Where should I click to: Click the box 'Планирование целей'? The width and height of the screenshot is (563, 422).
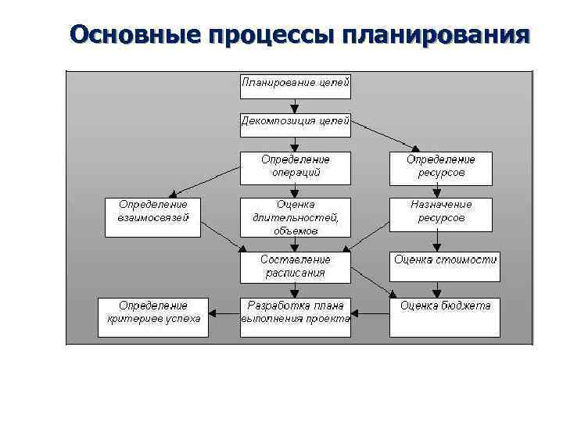point(295,86)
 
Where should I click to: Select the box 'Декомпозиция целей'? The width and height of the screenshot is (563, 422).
point(295,123)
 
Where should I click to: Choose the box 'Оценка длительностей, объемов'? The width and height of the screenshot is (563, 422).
point(295,217)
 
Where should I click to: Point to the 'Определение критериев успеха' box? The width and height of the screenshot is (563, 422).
point(153,316)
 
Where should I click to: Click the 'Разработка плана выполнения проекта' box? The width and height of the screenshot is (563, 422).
point(295,316)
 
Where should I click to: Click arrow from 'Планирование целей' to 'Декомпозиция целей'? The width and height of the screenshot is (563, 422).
point(295,105)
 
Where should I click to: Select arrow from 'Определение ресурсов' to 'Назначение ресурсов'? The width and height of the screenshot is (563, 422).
point(441,191)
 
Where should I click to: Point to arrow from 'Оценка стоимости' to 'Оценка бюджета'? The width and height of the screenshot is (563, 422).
point(444,289)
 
